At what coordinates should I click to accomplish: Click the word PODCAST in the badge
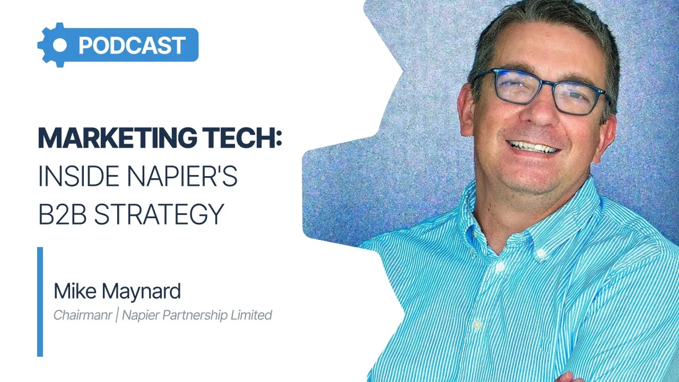click(x=132, y=46)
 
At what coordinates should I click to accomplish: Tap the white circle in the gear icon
click(x=60, y=46)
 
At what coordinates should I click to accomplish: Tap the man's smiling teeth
click(x=533, y=146)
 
